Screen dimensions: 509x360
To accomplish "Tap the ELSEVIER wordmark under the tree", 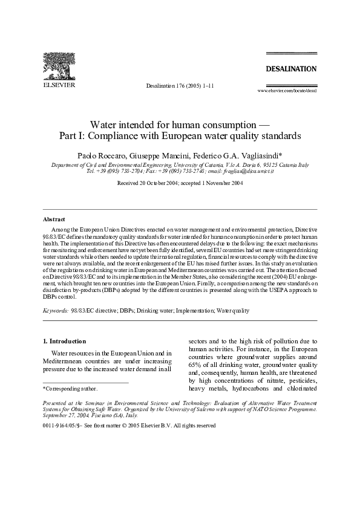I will tap(58, 86).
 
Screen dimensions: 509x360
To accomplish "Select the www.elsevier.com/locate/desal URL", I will tap(287, 90).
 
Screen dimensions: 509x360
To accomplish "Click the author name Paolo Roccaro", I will tap(109, 155).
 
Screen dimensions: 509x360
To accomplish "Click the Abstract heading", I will tap(54, 219).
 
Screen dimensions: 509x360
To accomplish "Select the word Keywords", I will tap(55, 310).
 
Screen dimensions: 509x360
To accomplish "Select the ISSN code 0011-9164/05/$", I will tap(65, 426).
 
